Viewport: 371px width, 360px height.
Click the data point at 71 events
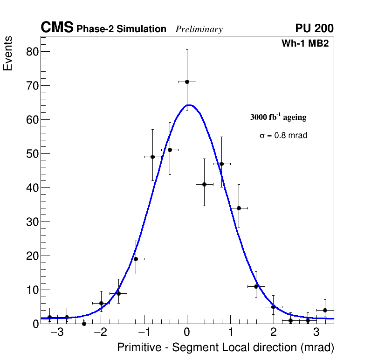coord(187,82)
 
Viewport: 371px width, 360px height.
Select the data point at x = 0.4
coord(204,184)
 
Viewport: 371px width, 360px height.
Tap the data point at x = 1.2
coord(239,208)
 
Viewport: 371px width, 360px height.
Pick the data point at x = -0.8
coord(152,157)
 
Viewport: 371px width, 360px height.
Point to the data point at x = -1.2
coord(136,259)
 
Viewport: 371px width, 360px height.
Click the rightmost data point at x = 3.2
coord(325,310)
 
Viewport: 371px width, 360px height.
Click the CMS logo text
coord(57,28)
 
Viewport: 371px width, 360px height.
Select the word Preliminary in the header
coord(199,29)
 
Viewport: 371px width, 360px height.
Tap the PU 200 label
coord(314,28)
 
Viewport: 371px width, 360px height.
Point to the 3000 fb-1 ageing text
coord(278,117)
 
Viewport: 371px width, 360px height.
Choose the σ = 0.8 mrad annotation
coord(283,136)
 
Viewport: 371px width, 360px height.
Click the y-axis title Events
coord(8,54)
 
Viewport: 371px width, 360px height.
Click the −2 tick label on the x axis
coord(100,332)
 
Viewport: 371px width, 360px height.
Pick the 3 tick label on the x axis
coord(316,332)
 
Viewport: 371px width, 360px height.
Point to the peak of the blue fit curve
coord(189,105)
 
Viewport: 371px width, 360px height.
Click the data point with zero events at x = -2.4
coord(84,323)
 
